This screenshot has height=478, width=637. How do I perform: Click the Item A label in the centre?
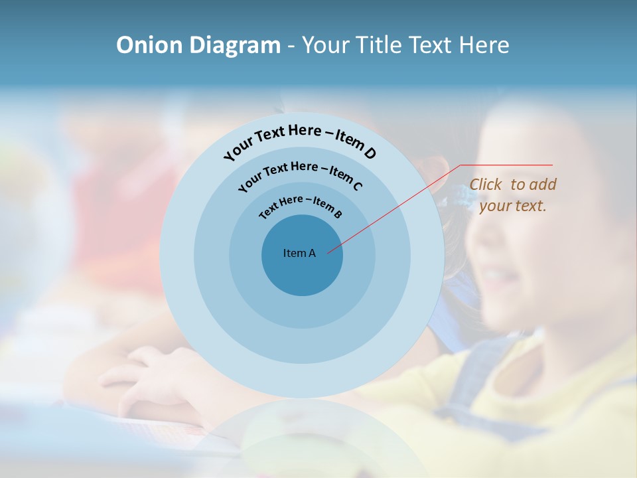(299, 253)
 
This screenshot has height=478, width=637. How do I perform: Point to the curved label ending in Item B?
(301, 205)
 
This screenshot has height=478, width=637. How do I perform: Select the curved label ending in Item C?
(300, 174)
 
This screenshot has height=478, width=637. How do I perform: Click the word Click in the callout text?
(486, 185)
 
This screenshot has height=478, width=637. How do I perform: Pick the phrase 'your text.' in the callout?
(513, 206)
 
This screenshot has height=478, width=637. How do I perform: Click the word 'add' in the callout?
(543, 185)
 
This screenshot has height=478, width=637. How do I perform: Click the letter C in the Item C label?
(357, 186)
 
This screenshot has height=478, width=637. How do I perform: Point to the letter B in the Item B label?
(338, 214)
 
